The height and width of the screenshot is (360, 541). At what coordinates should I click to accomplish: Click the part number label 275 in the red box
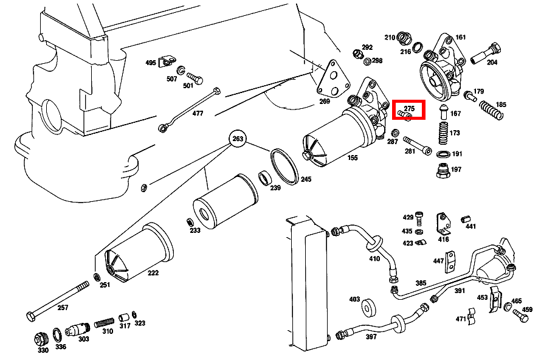pos(408,108)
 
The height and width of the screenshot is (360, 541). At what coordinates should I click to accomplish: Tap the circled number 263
pos(238,139)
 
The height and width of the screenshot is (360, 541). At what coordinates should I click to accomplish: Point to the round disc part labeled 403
pos(369,308)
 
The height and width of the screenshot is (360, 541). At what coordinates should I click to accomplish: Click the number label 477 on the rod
pos(198,113)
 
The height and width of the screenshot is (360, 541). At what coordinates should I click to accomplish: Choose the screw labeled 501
pos(195,78)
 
